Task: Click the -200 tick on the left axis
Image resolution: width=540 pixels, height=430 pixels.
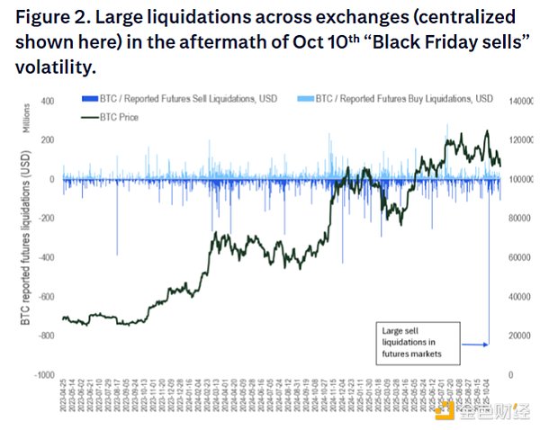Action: (x=45, y=219)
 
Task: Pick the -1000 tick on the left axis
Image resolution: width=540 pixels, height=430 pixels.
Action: (x=42, y=374)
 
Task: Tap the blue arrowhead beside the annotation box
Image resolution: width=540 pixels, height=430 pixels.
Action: (x=487, y=345)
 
